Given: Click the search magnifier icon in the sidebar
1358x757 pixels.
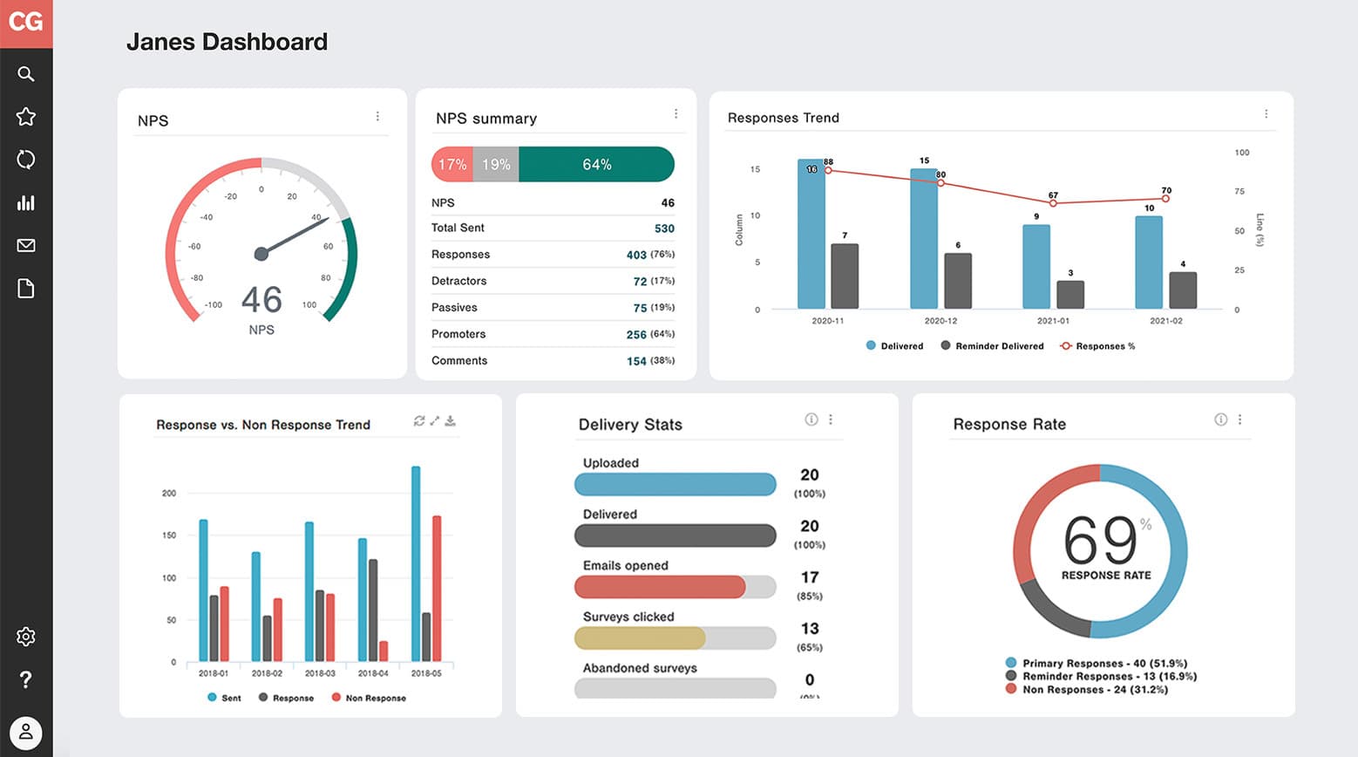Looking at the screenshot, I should click(26, 74).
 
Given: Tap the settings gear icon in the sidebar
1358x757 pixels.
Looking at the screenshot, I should click(26, 637).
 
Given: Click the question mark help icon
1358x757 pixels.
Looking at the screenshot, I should click(26, 679).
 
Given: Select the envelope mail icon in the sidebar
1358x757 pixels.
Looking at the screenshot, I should click(26, 246).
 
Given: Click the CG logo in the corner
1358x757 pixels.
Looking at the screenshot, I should click(26, 22).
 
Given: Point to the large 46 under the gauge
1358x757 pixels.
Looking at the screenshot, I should click(261, 300).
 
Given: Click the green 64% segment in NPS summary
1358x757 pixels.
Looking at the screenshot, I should click(596, 165).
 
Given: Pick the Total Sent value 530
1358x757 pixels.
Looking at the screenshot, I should click(664, 228).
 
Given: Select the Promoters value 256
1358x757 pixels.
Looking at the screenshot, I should click(636, 335).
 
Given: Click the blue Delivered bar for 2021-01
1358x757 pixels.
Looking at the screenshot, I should click(1035, 267).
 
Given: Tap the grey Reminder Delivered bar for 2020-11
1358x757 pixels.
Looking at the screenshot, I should click(845, 276).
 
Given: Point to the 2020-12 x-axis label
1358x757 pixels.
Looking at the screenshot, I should click(940, 321).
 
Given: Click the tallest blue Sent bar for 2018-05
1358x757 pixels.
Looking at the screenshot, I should click(416, 563).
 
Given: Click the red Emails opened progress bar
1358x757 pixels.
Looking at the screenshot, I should click(660, 587).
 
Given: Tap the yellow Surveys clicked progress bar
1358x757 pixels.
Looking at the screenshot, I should click(640, 638).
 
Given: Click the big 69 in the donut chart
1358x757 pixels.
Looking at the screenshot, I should click(1100, 542).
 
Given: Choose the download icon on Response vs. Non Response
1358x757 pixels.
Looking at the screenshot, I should click(451, 421).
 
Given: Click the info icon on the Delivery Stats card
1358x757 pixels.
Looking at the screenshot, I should click(811, 419).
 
